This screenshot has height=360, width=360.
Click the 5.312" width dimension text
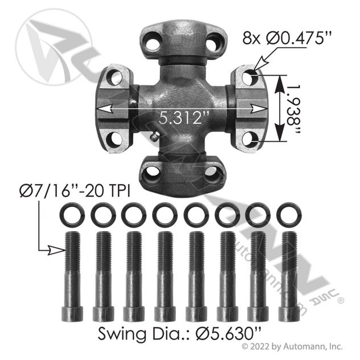pos(183,118)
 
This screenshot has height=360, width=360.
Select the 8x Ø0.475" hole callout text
pos(287,39)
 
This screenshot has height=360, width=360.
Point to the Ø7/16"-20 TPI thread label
pos(75,191)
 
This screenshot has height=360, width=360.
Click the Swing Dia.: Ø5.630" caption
pos(179,333)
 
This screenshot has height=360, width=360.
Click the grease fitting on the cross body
pos(155,137)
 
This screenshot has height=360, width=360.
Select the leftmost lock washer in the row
pos(72,215)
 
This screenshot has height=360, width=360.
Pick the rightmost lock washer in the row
pos(289,215)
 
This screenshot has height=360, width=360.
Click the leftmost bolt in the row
pos(72,276)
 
